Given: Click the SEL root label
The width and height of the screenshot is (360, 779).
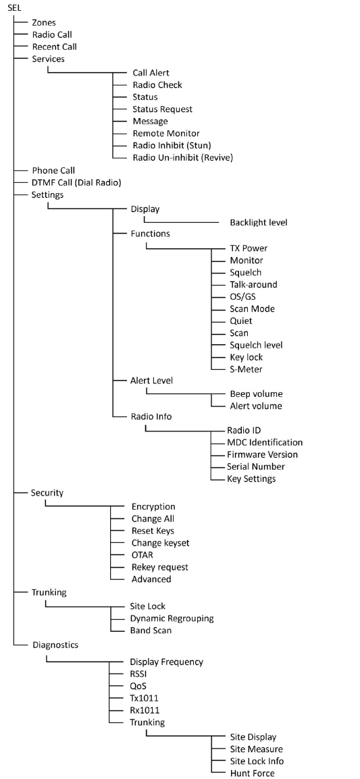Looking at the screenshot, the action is coord(14,8).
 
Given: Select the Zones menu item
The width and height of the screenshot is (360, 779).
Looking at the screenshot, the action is coord(45,22).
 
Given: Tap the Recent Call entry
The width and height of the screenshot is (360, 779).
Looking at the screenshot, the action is coord(55,47).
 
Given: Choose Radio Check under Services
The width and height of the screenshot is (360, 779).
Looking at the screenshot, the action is coord(157,85).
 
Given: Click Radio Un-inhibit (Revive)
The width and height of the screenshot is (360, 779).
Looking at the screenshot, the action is coord(183,158).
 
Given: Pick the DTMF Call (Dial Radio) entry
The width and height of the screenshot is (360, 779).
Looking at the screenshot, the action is coord(76,182).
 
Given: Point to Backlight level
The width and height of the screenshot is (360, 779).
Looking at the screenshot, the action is coord(259,223).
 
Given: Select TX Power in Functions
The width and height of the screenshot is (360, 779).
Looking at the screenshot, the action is coord(249,248).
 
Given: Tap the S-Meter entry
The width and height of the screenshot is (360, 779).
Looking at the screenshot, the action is coord(246,369).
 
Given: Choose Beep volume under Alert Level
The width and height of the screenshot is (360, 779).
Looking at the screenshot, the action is coord(256,394).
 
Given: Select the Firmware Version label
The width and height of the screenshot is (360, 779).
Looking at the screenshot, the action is coord(263,454).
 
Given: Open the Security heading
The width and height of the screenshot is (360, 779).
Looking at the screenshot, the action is coord(47,493).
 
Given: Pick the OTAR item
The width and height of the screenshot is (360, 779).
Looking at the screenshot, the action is coord(143,555).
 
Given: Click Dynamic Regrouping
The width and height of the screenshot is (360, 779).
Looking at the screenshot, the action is coord(172,618).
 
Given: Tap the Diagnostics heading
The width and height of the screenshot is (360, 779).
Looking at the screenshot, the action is coord(55,645).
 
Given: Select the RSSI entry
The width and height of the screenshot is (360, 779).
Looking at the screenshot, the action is coord(138,674).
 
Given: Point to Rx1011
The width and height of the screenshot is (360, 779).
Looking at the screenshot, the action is coord(145,710).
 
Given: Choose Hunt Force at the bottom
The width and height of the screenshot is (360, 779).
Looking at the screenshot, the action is coord(252,773).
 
